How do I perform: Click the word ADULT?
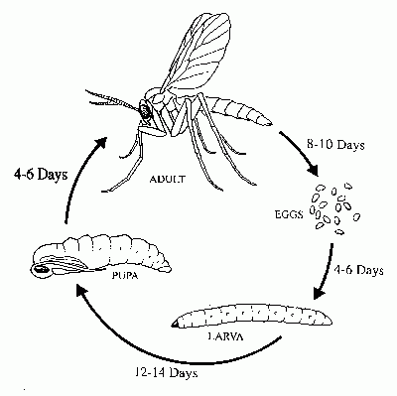coord(168,180)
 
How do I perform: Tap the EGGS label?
coord(289,214)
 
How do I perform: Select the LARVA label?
coord(225,336)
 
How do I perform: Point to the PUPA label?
coord(125,275)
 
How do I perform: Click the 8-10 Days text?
coord(335,145)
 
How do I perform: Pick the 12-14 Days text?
coord(167,373)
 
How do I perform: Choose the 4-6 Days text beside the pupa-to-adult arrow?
coord(41,174)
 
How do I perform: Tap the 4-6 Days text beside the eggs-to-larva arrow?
coord(358,270)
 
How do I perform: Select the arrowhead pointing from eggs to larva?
coord(321,293)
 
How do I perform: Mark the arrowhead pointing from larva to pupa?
coord(82,291)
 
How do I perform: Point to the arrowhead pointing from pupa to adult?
coord(100,144)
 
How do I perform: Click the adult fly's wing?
coord(198,52)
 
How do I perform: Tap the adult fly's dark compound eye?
coord(145,110)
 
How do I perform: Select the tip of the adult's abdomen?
coord(270,123)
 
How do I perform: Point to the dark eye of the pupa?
coord(42,269)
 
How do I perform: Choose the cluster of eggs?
coord(334,208)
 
